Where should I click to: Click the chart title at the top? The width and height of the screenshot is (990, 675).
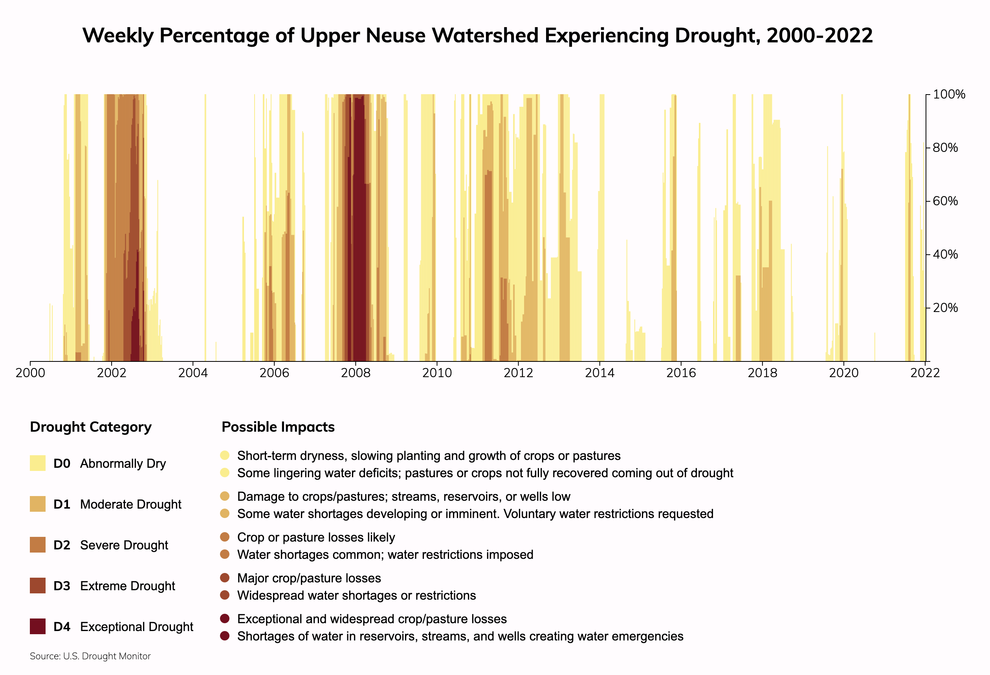[478, 35]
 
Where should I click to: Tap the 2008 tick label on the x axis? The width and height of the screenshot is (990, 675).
[355, 373]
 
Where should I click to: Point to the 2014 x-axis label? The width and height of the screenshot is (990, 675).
[600, 373]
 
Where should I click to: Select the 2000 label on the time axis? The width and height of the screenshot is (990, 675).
[30, 373]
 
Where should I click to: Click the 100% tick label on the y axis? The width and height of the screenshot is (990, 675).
[949, 95]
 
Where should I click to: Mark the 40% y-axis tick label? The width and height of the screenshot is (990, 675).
[945, 255]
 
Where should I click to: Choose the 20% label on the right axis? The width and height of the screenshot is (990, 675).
[945, 308]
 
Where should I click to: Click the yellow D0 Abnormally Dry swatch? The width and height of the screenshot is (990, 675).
[37, 463]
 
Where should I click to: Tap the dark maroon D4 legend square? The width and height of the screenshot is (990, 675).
[37, 626]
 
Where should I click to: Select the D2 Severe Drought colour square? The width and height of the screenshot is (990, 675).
[37, 545]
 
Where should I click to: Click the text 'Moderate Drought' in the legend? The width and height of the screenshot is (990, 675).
[131, 504]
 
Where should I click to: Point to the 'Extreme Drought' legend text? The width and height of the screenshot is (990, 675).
[127, 586]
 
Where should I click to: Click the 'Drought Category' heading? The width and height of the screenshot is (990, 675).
[91, 427]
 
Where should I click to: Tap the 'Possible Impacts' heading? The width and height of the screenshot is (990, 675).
[278, 427]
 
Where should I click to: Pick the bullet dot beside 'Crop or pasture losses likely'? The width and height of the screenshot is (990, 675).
[225, 537]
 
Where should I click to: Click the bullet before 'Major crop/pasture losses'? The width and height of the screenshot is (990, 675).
[225, 578]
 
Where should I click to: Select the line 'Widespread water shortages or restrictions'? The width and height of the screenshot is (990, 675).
[357, 595]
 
